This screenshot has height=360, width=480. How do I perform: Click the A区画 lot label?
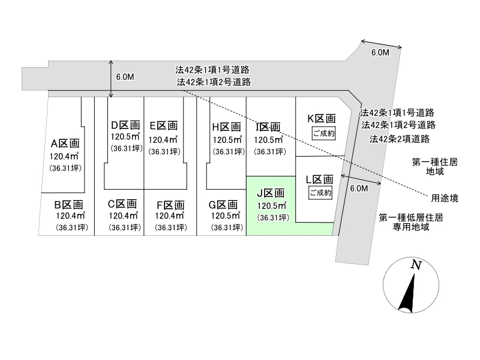[x=65, y=143]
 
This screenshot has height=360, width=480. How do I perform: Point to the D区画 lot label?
[x=125, y=125]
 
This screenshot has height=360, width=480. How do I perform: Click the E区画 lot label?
[x=163, y=125]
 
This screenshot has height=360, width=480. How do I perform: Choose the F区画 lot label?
[x=170, y=203]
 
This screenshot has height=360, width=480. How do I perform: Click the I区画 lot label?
[x=268, y=127]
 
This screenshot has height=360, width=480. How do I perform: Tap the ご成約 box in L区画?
[x=320, y=193]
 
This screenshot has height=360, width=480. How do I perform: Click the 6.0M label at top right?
[x=380, y=53]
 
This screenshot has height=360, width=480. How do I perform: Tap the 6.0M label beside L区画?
[x=358, y=188]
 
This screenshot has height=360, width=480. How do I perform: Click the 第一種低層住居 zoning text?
[x=412, y=218]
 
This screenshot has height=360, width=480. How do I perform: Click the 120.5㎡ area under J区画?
[x=272, y=206]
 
